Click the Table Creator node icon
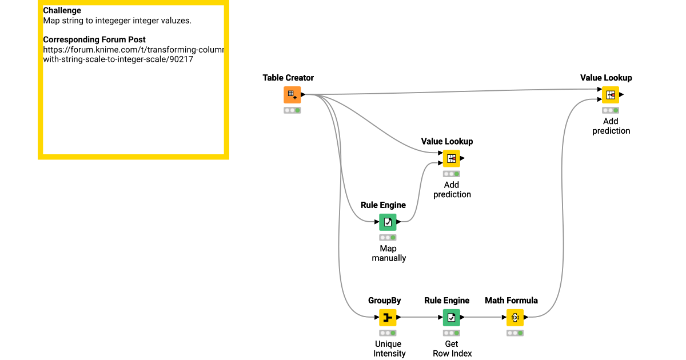point(292,95)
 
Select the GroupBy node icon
point(388,317)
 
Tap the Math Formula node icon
point(514,317)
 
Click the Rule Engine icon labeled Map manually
point(388,222)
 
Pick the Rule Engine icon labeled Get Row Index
point(451,317)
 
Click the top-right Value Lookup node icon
point(610,95)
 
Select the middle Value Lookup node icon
point(451,158)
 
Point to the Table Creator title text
point(288,78)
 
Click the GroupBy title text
point(384,301)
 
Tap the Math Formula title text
point(511,301)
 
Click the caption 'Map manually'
point(389,253)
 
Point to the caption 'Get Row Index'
point(452,349)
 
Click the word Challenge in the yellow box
point(62,10)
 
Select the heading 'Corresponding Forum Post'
point(94,39)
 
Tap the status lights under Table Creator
point(292,110)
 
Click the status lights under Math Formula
point(514,333)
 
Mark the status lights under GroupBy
point(388,333)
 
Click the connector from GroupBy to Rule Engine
point(421,317)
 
